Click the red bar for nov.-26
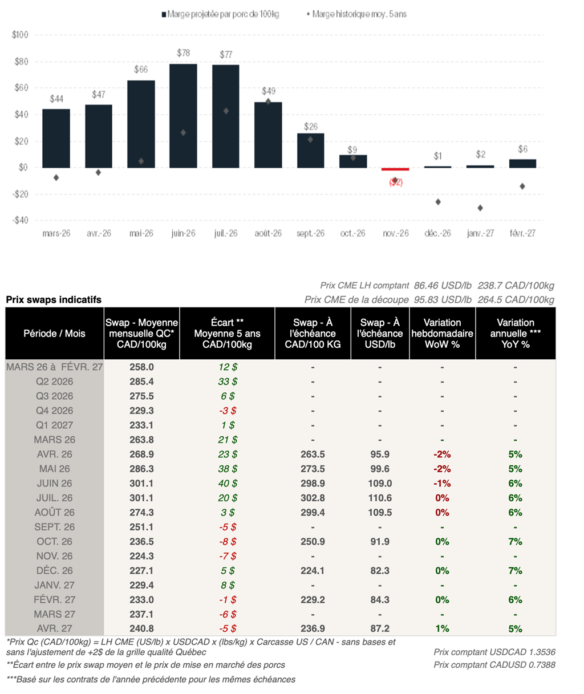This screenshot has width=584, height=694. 395,169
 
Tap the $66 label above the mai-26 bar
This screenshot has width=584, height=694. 141,70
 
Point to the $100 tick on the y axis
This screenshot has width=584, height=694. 20,35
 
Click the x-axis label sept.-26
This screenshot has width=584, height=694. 310,233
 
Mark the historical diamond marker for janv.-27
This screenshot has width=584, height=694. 480,208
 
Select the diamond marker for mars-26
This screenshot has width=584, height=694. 56,178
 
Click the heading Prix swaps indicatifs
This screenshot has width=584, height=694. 54,300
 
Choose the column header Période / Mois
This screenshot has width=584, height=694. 55,334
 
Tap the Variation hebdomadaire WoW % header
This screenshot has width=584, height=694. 442,334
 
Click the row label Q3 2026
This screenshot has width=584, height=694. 55,396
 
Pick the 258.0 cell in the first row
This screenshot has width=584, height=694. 142,367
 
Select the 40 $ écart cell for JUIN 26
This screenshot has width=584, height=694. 227,484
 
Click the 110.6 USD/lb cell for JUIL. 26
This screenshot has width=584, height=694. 380,498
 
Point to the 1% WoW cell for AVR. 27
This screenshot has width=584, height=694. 442,628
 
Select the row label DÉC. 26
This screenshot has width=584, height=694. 55,570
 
